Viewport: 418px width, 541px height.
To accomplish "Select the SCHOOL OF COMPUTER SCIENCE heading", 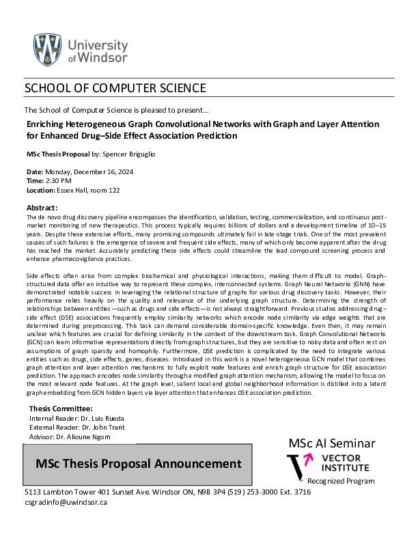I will [115, 88].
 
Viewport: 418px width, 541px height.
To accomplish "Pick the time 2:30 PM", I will [60, 180].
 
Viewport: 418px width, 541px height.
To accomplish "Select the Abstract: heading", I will [42, 207].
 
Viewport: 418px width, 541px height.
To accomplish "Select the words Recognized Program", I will [341, 481].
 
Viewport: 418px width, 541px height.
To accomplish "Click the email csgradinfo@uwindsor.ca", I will [66, 502].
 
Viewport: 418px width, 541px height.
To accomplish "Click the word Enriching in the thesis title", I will [46, 125].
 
